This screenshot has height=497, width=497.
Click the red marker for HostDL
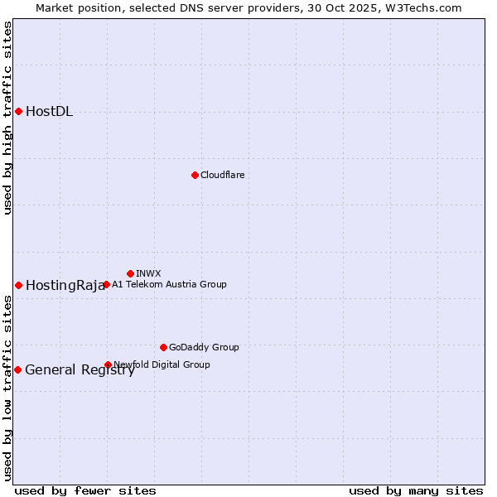[x=18, y=111]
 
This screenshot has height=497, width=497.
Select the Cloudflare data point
[x=195, y=175]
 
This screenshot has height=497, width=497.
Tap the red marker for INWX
[x=130, y=273]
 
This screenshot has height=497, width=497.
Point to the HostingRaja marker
[x=18, y=285]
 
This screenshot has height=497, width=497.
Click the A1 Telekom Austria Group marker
[x=106, y=285]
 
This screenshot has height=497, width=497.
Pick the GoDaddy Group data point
[x=163, y=347]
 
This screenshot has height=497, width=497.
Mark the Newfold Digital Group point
[x=108, y=364]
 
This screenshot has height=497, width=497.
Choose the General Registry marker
[x=17, y=369]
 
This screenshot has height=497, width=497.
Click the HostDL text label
[x=49, y=112]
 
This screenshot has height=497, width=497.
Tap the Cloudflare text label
[x=222, y=175]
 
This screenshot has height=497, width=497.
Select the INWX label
[x=148, y=273]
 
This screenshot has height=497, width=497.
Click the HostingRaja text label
[x=65, y=286]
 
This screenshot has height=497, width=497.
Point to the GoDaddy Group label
[x=204, y=347]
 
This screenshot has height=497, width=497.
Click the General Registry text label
[x=80, y=370]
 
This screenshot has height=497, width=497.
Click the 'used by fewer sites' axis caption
[x=85, y=490]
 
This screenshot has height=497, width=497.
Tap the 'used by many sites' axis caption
[x=416, y=490]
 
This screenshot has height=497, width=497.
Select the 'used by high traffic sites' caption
[x=7, y=118]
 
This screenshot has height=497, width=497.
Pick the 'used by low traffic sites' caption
[x=7, y=388]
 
